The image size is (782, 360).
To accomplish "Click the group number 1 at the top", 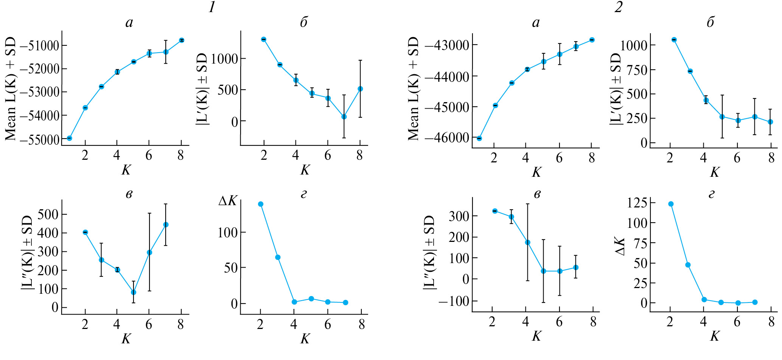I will point(212,7).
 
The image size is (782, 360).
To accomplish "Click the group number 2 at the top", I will point(618,7).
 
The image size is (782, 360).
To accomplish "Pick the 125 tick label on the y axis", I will point(637,203).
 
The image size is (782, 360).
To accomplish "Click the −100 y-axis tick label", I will point(453,302).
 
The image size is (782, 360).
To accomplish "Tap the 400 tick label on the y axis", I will point(48,233).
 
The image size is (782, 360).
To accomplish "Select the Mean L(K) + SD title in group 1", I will point(11,89).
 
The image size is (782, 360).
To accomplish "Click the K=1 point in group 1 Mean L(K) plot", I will point(69,138).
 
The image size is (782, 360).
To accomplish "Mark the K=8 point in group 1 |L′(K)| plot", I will point(360,89).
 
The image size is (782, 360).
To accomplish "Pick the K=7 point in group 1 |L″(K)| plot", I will point(165,225).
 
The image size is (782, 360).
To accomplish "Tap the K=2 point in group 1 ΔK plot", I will point(261,204).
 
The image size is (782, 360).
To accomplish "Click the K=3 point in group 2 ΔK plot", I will point(688,265).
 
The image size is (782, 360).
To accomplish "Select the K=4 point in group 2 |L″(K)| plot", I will point(527,242).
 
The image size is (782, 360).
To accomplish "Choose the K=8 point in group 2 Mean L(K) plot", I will point(592,40).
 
